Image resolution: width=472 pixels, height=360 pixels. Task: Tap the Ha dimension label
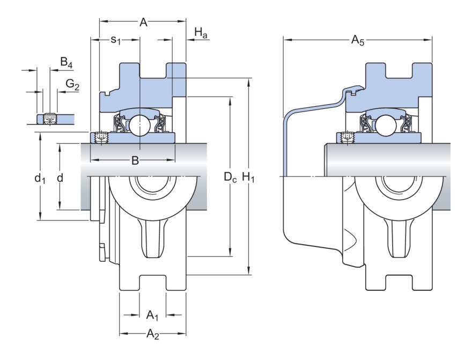201,33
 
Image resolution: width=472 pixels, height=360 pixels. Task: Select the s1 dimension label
115,40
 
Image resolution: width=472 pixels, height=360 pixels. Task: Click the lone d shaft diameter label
60,177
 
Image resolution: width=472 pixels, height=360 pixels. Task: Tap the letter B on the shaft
135,160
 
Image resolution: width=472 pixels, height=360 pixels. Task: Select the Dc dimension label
230,177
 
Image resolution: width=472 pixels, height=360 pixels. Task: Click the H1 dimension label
248,177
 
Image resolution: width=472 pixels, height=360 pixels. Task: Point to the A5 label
358,40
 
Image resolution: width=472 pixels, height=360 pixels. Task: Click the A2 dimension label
153,335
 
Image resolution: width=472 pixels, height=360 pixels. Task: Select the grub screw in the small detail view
49,117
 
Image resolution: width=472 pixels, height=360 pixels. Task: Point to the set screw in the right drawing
347,137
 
